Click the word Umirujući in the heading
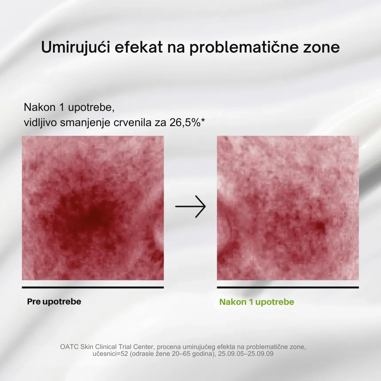(x=75, y=47)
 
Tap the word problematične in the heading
(x=243, y=47)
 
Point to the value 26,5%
(x=185, y=123)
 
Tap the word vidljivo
(x=40, y=123)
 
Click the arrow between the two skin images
(x=190, y=207)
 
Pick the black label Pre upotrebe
(x=54, y=302)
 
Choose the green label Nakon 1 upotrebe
(x=256, y=302)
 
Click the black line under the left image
(x=93, y=287)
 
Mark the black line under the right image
(x=288, y=287)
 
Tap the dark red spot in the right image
(x=320, y=226)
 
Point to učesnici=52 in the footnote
(x=110, y=354)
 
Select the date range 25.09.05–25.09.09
(x=246, y=354)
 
